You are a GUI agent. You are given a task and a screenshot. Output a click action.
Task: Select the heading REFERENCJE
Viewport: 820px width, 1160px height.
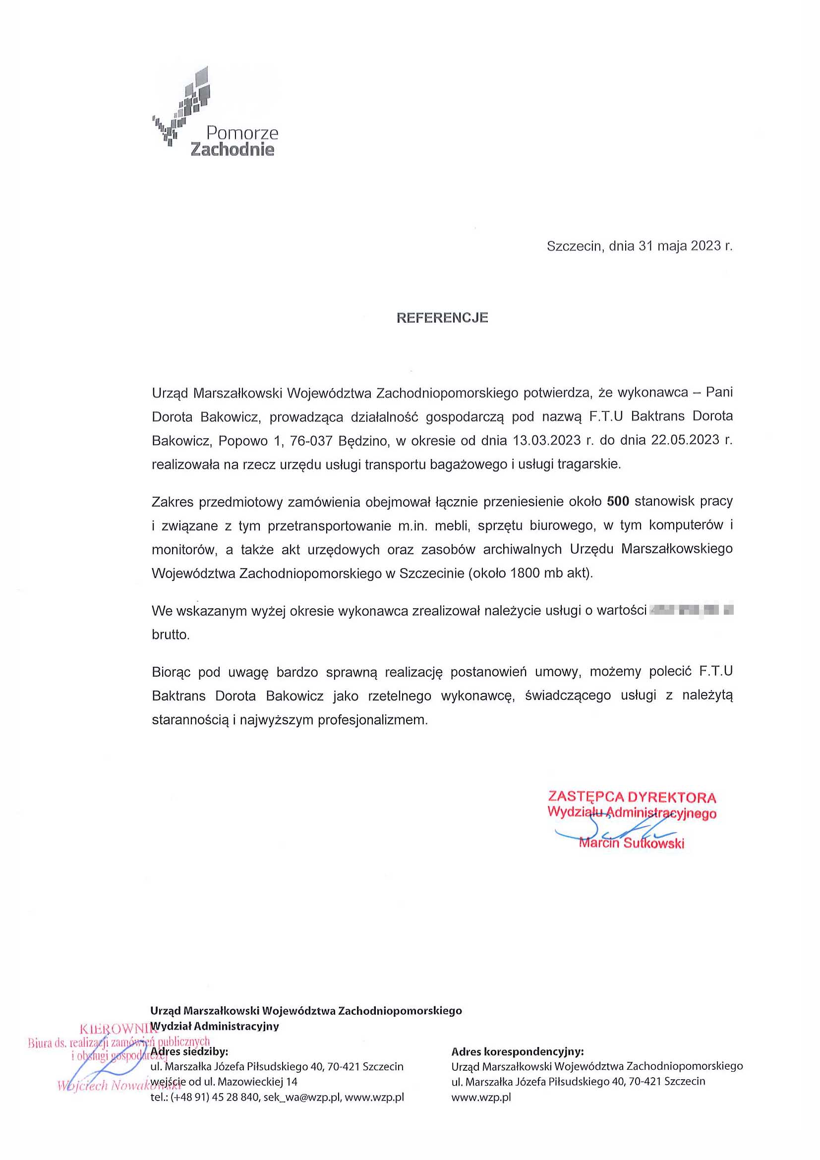click(x=442, y=318)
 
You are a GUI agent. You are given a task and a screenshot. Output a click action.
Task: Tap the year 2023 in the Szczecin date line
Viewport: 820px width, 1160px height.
click(x=705, y=246)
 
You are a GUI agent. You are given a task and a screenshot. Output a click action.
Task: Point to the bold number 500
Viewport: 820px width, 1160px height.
click(x=618, y=501)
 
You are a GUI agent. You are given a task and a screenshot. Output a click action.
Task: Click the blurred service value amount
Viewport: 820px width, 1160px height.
click(x=691, y=610)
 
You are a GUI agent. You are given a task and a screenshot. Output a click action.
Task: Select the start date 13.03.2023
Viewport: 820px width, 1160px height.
click(x=547, y=440)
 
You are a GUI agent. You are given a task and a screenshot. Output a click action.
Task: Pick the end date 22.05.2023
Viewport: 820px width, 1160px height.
click(x=685, y=440)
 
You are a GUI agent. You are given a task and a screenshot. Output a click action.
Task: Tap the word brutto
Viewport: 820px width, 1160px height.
click(x=171, y=635)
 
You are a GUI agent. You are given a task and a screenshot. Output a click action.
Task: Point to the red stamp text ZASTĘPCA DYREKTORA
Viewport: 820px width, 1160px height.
click(x=632, y=797)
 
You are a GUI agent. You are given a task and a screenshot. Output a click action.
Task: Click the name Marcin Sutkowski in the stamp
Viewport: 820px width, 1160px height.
click(x=632, y=843)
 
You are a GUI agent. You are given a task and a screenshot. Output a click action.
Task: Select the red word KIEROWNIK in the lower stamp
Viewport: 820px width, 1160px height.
click(x=116, y=1028)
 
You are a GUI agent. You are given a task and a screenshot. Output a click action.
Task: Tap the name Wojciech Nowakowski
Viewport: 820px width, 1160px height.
click(x=119, y=1086)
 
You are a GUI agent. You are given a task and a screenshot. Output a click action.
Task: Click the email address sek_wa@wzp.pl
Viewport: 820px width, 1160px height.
click(x=301, y=1097)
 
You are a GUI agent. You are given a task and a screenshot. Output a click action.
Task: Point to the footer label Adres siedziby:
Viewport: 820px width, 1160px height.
click(x=189, y=1052)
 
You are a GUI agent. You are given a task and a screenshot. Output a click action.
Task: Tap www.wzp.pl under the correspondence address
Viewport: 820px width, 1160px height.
click(x=481, y=1097)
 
